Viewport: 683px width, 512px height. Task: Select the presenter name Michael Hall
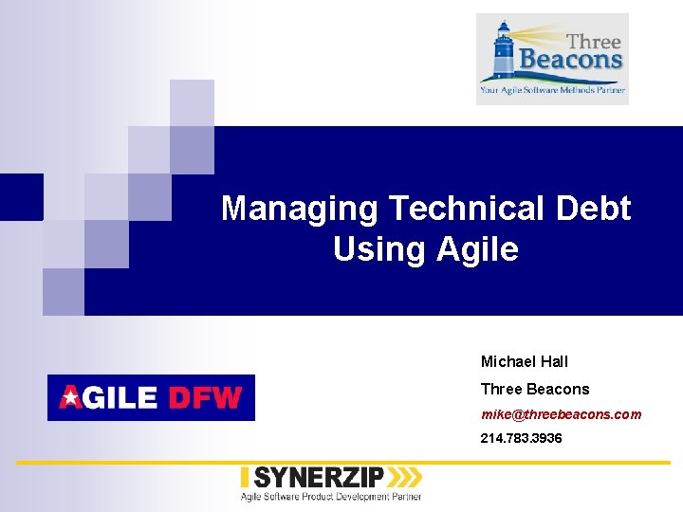[x=524, y=361]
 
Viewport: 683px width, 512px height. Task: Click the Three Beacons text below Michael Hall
[x=534, y=389]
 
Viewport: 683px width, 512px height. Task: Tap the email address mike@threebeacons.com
[x=561, y=414]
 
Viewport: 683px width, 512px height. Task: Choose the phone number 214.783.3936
[x=521, y=438]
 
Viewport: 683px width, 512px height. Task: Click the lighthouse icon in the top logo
[x=501, y=52]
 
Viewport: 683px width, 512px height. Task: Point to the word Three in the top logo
[x=593, y=41]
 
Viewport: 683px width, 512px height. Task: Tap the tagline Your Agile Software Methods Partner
[x=552, y=90]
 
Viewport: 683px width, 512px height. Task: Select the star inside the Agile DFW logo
[x=71, y=398]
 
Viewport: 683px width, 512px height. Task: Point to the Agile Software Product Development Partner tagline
[x=330, y=496]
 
